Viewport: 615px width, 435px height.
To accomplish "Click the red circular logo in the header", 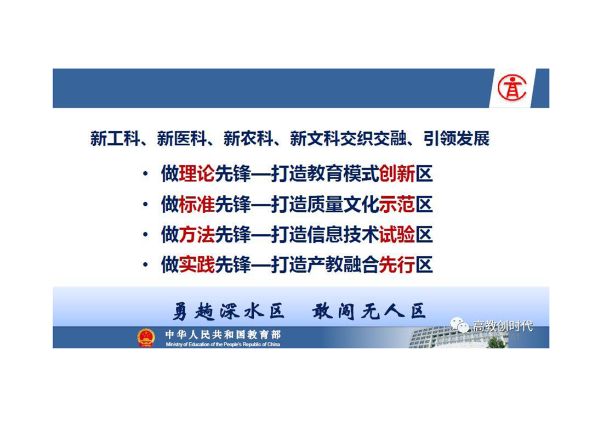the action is (512, 88).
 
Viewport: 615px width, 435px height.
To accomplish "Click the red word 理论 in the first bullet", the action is (197, 174).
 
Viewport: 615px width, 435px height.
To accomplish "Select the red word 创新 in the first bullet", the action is (397, 174).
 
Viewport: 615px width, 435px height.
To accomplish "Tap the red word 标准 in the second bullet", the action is (197, 205).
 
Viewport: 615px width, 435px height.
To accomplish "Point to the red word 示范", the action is (397, 205).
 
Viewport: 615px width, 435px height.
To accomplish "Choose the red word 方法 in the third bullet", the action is (197, 235).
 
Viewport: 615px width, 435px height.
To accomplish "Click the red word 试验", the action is (397, 235).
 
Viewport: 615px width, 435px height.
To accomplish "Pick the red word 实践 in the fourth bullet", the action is (197, 264).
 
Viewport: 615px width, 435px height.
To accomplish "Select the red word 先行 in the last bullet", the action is (397, 264).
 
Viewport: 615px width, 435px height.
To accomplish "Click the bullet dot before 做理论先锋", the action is (145, 174).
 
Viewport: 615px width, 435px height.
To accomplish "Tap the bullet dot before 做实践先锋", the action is (145, 265).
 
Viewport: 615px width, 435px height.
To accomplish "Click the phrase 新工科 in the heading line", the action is (115, 139).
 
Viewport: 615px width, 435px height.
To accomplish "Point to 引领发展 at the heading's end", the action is (457, 139).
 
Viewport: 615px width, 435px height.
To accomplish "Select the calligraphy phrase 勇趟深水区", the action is (228, 312).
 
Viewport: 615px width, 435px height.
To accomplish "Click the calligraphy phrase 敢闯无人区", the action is (369, 312).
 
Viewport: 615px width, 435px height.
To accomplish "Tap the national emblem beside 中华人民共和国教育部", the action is (146, 338).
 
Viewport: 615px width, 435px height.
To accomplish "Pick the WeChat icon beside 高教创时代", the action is (460, 325).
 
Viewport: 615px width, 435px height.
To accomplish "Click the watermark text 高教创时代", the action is (503, 326).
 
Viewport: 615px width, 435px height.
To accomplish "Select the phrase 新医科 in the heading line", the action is (182, 139).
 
